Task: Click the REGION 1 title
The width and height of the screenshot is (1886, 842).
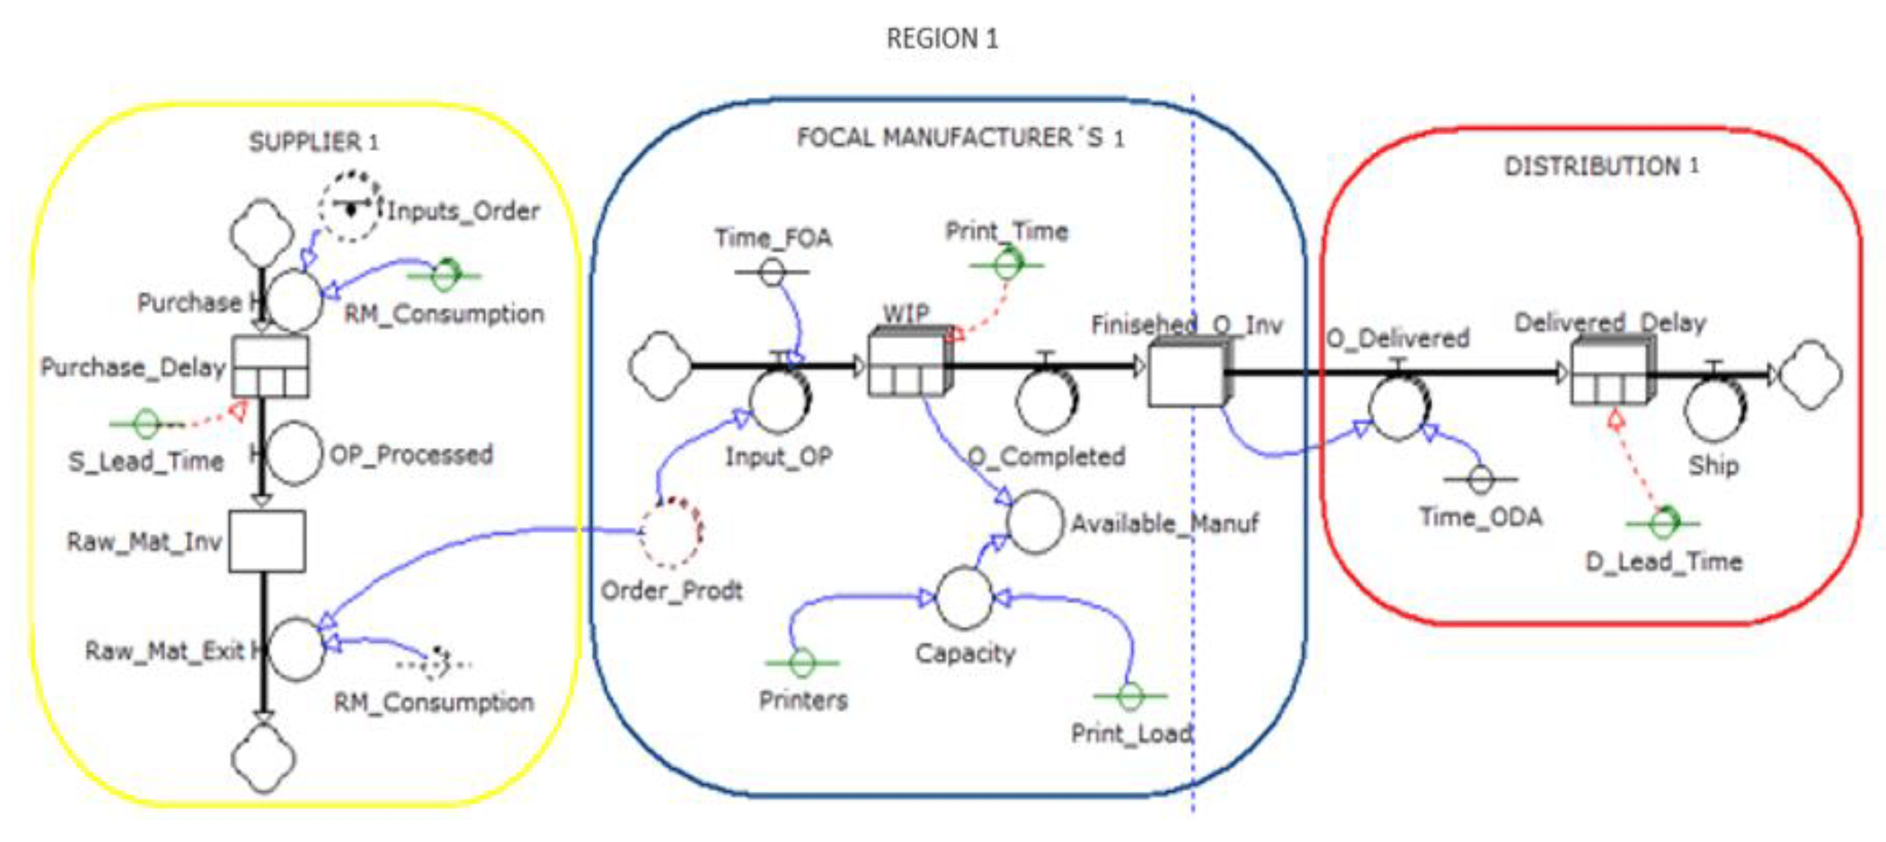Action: tap(941, 38)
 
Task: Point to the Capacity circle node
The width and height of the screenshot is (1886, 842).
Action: tap(964, 598)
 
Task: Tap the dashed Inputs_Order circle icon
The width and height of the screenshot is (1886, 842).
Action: tap(350, 207)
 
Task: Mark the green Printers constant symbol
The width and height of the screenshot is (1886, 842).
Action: tap(802, 662)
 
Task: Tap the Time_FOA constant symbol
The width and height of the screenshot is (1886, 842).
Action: tap(772, 273)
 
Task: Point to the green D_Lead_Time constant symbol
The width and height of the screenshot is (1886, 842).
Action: tap(1664, 522)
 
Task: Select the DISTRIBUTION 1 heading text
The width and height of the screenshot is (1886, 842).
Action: tap(1600, 166)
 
